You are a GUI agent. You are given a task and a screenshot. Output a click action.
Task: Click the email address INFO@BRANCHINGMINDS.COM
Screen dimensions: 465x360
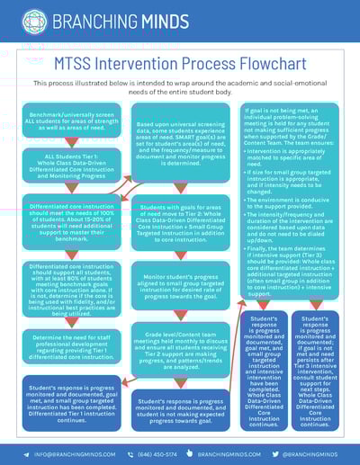click(60, 454)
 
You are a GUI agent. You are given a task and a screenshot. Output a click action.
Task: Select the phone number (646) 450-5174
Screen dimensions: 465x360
click(159, 454)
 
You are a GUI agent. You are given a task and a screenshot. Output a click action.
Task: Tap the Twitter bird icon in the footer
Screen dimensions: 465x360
click(275, 454)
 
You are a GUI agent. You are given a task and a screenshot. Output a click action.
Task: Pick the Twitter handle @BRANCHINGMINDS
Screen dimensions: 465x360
click(314, 454)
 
